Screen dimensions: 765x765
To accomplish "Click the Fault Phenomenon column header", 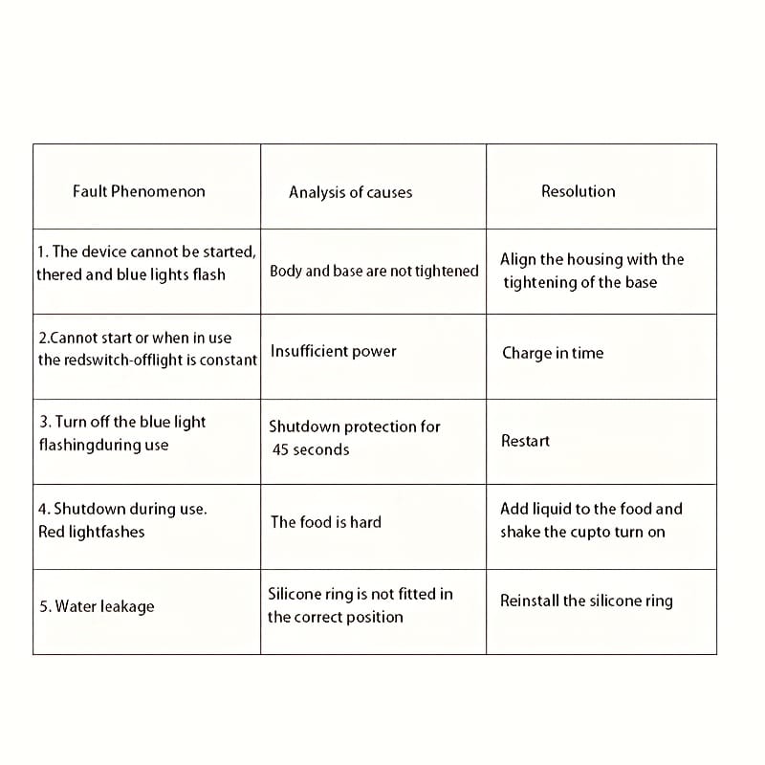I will coord(139,191).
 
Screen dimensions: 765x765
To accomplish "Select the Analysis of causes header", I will coord(351,192).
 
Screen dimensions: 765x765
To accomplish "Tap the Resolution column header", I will coord(579,191).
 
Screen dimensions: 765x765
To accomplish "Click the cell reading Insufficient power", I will coord(334,351).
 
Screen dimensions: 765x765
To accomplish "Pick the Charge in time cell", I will coord(553,353).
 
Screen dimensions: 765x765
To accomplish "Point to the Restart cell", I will coord(526,441).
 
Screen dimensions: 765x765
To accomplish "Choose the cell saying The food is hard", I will coord(326,522).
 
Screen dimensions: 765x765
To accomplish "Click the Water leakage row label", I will coord(97,606).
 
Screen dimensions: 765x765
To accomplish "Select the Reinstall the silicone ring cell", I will coord(586,601).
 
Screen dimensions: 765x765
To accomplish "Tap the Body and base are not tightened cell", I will coord(374,271).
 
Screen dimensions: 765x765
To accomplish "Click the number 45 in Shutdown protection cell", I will coord(281,449).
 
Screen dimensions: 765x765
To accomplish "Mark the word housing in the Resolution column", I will coord(596,259).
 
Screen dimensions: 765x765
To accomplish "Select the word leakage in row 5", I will coord(126,606).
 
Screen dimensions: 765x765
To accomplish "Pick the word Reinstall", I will coord(530,601).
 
